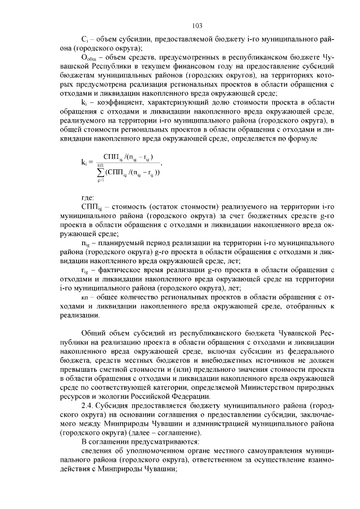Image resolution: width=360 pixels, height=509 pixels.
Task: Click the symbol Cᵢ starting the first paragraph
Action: [84, 40]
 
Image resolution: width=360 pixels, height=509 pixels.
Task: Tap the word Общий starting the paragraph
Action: [93, 333]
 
